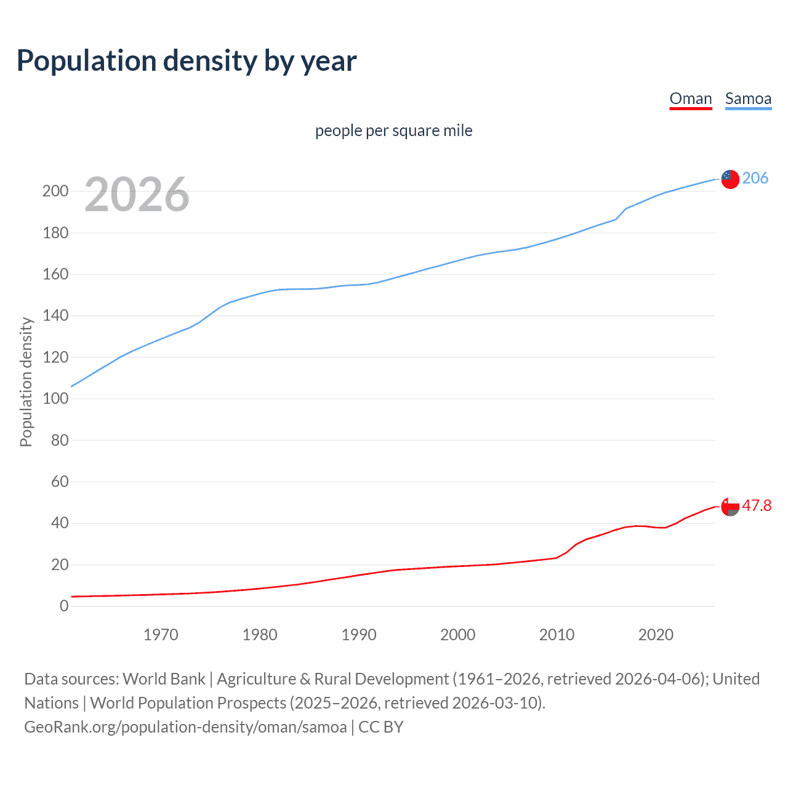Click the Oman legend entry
coord(690,99)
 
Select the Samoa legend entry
coord(748,99)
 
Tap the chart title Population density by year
coord(187,61)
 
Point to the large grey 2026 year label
coord(137,195)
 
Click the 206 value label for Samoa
coord(755,179)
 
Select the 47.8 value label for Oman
coord(756,506)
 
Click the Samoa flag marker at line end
coord(730,179)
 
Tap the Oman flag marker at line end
coord(730,507)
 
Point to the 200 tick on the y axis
coord(55,191)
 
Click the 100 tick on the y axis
coord(55,399)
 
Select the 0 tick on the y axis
coord(64,606)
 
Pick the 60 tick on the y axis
coord(60,482)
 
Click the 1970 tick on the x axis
coord(161,635)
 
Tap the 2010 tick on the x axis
coord(557,635)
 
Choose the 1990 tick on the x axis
coord(359,635)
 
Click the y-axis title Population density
coord(26,382)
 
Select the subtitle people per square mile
coord(393,131)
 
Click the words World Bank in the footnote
coord(164,679)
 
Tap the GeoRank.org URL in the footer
coord(185,727)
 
